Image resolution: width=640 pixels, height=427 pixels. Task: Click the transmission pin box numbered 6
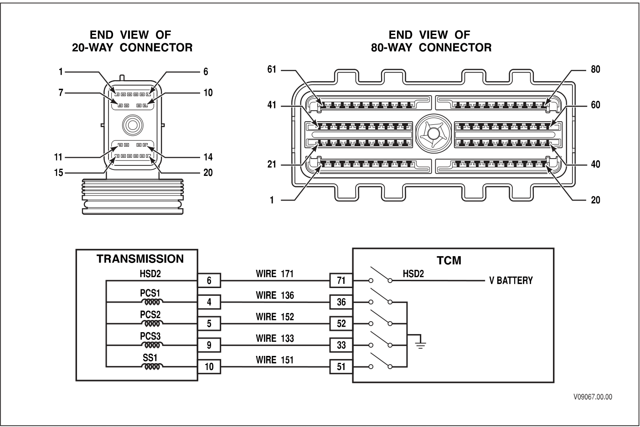(209, 281)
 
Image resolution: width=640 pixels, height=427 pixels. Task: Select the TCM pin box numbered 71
(341, 281)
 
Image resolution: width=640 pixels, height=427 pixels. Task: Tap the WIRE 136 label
(274, 295)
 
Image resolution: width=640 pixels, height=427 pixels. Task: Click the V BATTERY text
(511, 281)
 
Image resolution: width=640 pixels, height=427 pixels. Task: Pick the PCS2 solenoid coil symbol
(151, 323)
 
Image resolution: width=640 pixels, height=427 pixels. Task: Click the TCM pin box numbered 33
(341, 345)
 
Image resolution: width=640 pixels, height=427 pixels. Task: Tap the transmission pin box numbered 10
(209, 367)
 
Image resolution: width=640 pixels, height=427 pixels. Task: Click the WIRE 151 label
(274, 360)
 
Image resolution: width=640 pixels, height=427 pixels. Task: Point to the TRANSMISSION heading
(140, 259)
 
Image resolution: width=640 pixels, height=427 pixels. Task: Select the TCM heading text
(449, 261)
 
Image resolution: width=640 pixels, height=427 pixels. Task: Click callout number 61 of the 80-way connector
(272, 70)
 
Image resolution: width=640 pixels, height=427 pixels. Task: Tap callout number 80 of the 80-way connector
(595, 70)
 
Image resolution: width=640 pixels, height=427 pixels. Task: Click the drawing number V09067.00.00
(593, 397)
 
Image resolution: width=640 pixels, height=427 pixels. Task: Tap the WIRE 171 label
(274, 274)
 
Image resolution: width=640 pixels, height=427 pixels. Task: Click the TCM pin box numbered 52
(341, 324)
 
